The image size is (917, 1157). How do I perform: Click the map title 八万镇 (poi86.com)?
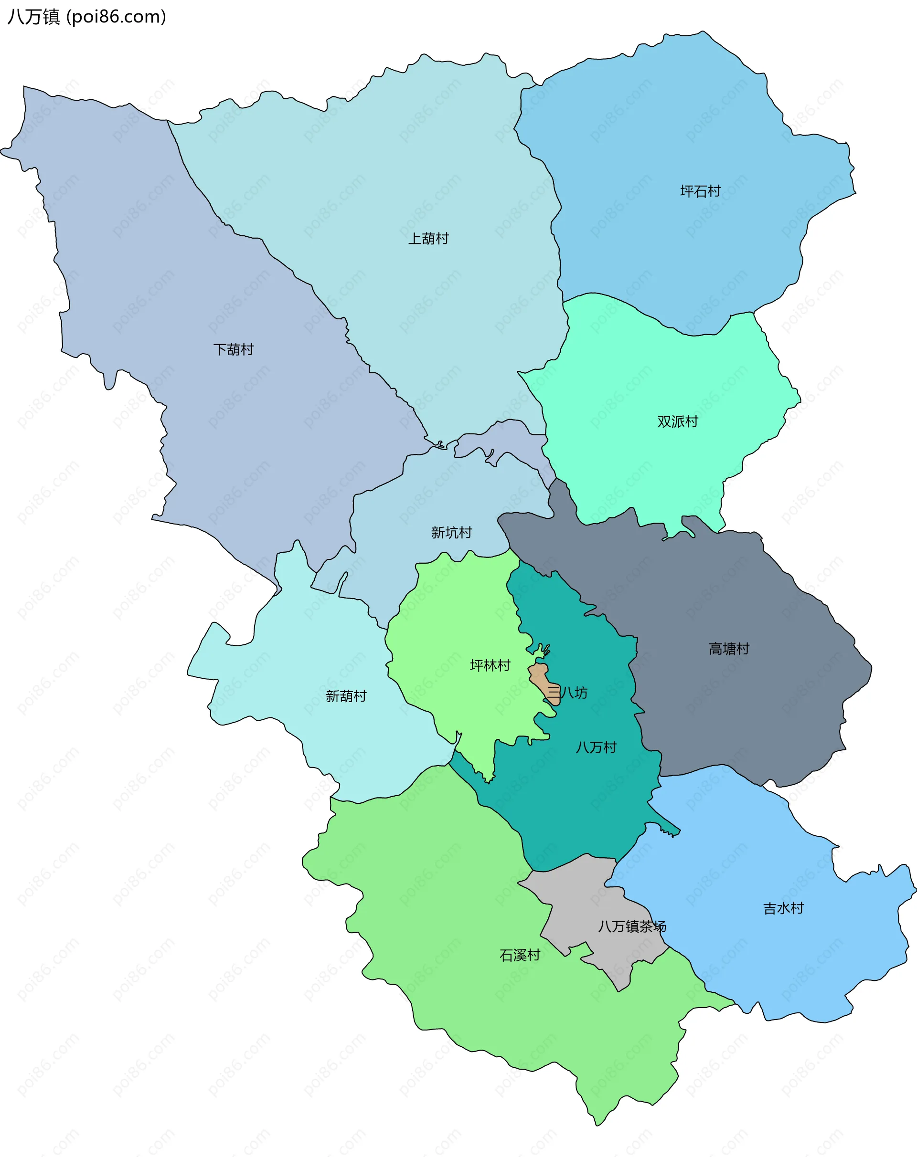point(86,17)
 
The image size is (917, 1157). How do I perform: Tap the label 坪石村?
point(700,191)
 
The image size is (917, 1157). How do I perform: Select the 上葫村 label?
point(428,239)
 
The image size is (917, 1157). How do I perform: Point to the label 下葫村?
point(234,350)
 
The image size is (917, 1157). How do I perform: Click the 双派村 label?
point(678,422)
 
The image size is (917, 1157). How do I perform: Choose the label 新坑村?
point(451,533)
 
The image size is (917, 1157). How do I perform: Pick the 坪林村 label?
point(490,666)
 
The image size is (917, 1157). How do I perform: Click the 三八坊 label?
point(567,693)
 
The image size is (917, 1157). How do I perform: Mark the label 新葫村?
point(346,696)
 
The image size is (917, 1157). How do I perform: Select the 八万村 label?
point(596,747)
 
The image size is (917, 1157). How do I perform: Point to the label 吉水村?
point(783,908)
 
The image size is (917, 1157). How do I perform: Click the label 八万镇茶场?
point(632,927)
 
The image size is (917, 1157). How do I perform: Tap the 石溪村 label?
point(520,956)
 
